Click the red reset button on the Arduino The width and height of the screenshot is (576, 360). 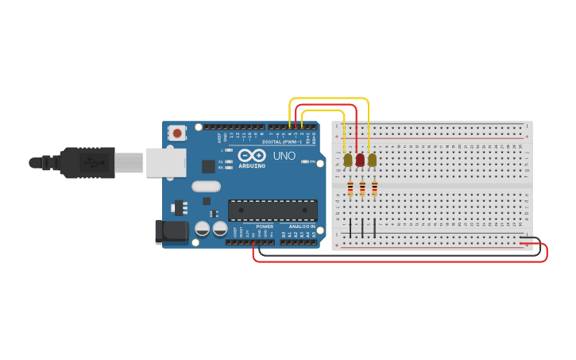pyautogui.click(x=176, y=132)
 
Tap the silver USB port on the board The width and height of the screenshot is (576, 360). pyautogui.click(x=166, y=162)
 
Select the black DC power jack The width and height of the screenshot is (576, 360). pyautogui.click(x=171, y=231)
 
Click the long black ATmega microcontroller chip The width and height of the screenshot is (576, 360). pyautogui.click(x=273, y=210)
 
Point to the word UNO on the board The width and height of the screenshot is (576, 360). pyautogui.click(x=284, y=156)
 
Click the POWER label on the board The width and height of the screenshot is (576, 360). pyautogui.click(x=265, y=226)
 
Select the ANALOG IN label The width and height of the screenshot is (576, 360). pyautogui.click(x=301, y=226)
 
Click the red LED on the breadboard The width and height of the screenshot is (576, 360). pyautogui.click(x=360, y=161)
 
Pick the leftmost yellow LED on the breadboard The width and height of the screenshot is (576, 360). pyautogui.click(x=348, y=161)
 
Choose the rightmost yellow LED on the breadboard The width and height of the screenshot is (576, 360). pyautogui.click(x=372, y=161)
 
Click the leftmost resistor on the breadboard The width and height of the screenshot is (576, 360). pyautogui.click(x=350, y=188)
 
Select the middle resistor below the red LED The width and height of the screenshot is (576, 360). pyautogui.click(x=362, y=188)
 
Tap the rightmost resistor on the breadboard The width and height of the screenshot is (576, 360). pyautogui.click(x=374, y=188)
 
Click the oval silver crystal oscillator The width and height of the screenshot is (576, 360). pyautogui.click(x=205, y=187)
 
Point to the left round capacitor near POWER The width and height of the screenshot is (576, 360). pyautogui.click(x=203, y=229)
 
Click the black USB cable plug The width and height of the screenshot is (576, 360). pyautogui.click(x=87, y=162)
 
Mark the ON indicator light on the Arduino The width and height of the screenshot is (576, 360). pyautogui.click(x=306, y=161)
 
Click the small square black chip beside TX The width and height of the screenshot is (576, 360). pyautogui.click(x=209, y=166)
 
